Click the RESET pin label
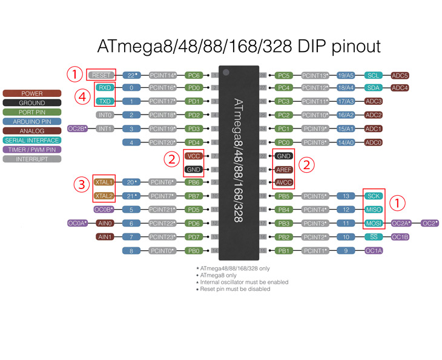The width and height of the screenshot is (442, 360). tap(101, 75)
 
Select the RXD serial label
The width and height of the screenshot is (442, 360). tap(104, 88)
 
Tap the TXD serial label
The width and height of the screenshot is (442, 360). tap(104, 101)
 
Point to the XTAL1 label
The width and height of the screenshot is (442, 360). tap(104, 182)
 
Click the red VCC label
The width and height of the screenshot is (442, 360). tap(194, 156)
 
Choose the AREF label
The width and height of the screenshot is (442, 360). tap(283, 169)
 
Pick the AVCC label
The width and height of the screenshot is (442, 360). tap(283, 182)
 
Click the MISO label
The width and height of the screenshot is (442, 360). tap(373, 209)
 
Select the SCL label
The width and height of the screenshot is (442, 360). tap(373, 76)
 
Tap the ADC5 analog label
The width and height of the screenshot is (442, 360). tap(400, 76)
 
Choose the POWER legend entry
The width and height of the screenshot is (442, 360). tap(31, 94)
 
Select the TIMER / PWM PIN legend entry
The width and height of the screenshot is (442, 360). tap(31, 149)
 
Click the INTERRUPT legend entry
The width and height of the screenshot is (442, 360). tap(31, 158)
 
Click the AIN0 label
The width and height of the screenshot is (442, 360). tap(104, 223)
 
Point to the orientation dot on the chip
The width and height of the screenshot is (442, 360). tap(225, 73)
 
